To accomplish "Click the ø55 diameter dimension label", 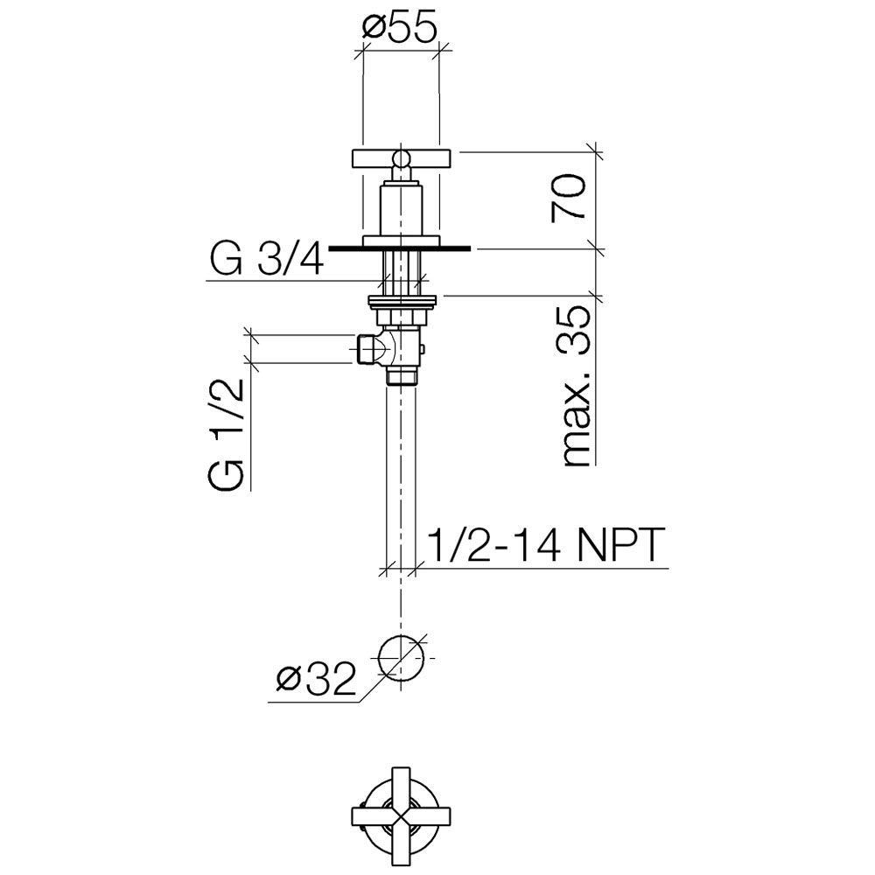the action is pos(398,29).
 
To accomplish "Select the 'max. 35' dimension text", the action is pos(575,386).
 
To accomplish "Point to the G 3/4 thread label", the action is pos(266,260).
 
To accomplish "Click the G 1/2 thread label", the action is pos(227,435).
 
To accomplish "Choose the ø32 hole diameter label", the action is pos(317,679).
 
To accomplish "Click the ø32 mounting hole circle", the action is pos(402,657).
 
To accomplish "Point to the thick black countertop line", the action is pos(400,248).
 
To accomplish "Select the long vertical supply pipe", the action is pos(402,474).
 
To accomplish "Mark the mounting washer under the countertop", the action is pos(402,302).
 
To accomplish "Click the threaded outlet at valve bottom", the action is pos(402,377).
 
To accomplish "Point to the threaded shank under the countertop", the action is pos(402,273).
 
